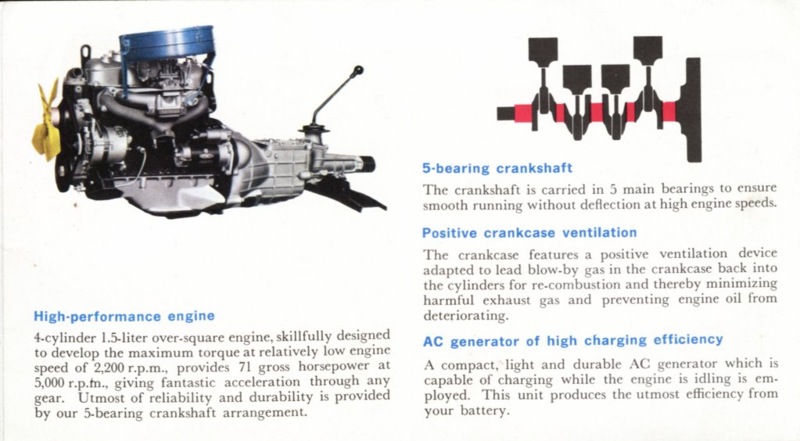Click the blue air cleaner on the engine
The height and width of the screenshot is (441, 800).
pyautogui.click(x=166, y=44)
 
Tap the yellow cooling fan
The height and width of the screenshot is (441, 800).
pyautogui.click(x=46, y=121)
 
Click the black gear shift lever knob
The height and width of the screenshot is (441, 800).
pyautogui.click(x=357, y=71)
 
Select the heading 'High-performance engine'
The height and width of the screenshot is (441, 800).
pyautogui.click(x=124, y=317)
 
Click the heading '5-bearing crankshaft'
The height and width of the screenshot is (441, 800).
pyautogui.click(x=497, y=167)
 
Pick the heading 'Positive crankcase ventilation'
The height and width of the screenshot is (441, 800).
pyautogui.click(x=529, y=232)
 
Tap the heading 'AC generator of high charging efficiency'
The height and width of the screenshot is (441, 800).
pyautogui.click(x=572, y=340)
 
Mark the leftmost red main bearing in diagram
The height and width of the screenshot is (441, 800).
pyautogui.click(x=523, y=113)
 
